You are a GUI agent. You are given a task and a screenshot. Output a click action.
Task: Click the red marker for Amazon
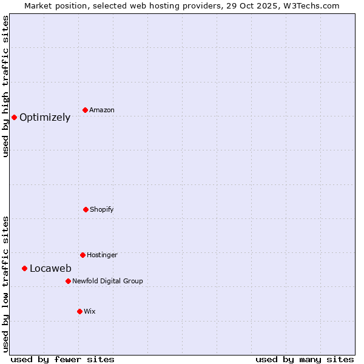click(x=86, y=110)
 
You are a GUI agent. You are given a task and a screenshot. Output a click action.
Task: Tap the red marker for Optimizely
click(x=14, y=117)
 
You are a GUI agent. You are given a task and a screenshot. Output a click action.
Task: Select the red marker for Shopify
click(x=86, y=209)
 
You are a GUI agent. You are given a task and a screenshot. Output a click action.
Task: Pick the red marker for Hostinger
click(x=83, y=255)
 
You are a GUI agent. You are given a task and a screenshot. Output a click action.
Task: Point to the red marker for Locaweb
click(x=24, y=268)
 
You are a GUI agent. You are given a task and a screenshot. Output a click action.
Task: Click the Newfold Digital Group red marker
click(x=68, y=281)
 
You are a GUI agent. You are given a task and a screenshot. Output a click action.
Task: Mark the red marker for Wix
click(x=79, y=311)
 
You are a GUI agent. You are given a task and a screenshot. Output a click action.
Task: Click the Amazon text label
click(x=102, y=110)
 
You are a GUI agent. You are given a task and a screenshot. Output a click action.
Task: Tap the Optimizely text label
click(x=45, y=118)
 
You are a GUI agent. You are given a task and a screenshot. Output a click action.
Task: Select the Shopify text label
click(x=102, y=209)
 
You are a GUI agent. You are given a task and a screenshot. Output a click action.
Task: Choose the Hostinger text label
click(x=102, y=255)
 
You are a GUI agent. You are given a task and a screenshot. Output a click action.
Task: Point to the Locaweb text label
click(x=50, y=269)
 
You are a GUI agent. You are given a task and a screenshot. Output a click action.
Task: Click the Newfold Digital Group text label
click(x=107, y=281)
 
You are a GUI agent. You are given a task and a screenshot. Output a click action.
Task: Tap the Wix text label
click(x=90, y=311)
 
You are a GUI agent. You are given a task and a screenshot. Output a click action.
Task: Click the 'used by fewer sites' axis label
click(x=62, y=359)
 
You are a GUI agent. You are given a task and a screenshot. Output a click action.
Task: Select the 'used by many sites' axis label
click(x=305, y=359)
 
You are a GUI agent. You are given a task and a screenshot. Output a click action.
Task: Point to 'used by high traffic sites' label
click(x=6, y=86)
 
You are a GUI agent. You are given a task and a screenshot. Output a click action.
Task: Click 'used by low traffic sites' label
click(x=6, y=284)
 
